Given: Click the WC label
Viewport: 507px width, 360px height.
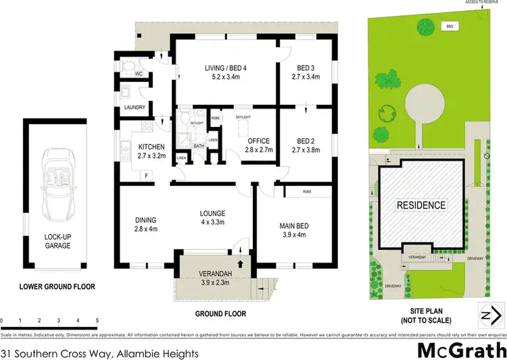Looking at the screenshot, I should tap(138, 73).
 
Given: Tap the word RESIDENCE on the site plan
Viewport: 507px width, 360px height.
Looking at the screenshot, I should tap(420, 205).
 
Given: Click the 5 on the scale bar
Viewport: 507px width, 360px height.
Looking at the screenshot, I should tap(98, 320).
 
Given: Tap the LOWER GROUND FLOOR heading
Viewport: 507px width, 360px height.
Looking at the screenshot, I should tap(57, 286).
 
